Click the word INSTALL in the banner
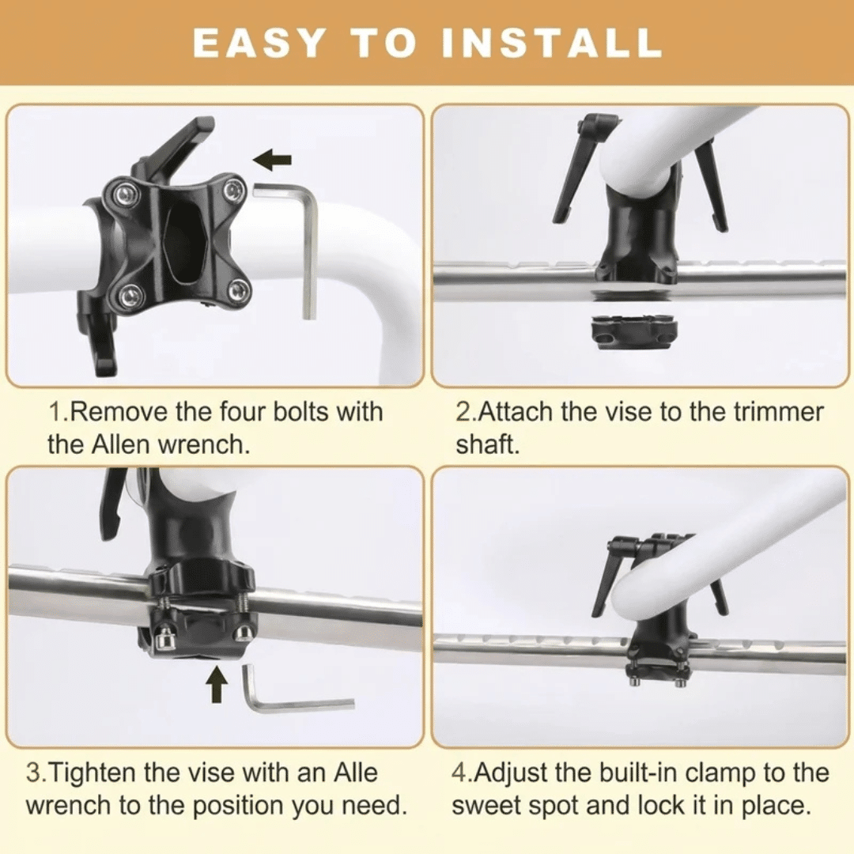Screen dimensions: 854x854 (551, 42)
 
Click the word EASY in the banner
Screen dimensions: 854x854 (259, 42)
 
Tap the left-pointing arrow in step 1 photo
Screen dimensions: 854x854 (272, 160)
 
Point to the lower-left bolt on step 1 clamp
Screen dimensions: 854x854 (130, 296)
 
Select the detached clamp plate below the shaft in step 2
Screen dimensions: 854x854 (634, 332)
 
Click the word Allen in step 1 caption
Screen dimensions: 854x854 (118, 444)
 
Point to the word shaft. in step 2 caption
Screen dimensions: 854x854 (488, 444)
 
